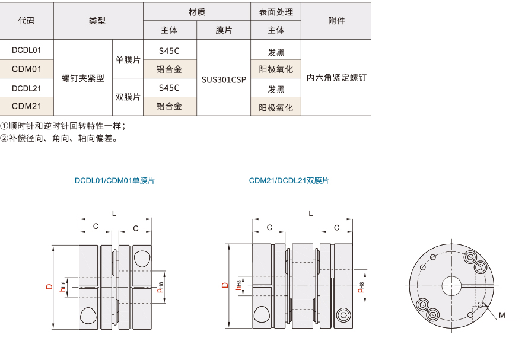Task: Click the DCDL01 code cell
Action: coord(27,50)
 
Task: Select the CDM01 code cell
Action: coord(27,69)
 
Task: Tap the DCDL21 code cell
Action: coord(27,88)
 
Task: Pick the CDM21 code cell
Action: coord(27,106)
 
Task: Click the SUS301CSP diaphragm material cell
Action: coord(224,79)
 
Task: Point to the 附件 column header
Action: coord(336,21)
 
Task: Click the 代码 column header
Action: coord(27,21)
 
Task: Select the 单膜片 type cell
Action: coord(128,60)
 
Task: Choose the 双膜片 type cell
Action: coord(128,97)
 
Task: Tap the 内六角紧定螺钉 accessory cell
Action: coord(336,78)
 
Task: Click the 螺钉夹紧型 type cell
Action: coord(83,78)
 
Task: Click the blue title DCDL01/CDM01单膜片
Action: coord(114,180)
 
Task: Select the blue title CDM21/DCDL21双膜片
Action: coord(289,180)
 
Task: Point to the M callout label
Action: coord(501,315)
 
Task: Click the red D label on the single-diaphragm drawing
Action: coord(50,286)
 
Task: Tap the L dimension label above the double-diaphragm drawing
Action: coord(311,214)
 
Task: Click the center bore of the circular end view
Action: coord(451,286)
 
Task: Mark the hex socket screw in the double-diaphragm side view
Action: coord(343,315)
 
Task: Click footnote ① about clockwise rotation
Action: coord(63,126)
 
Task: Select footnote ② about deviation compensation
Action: coord(59,138)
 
